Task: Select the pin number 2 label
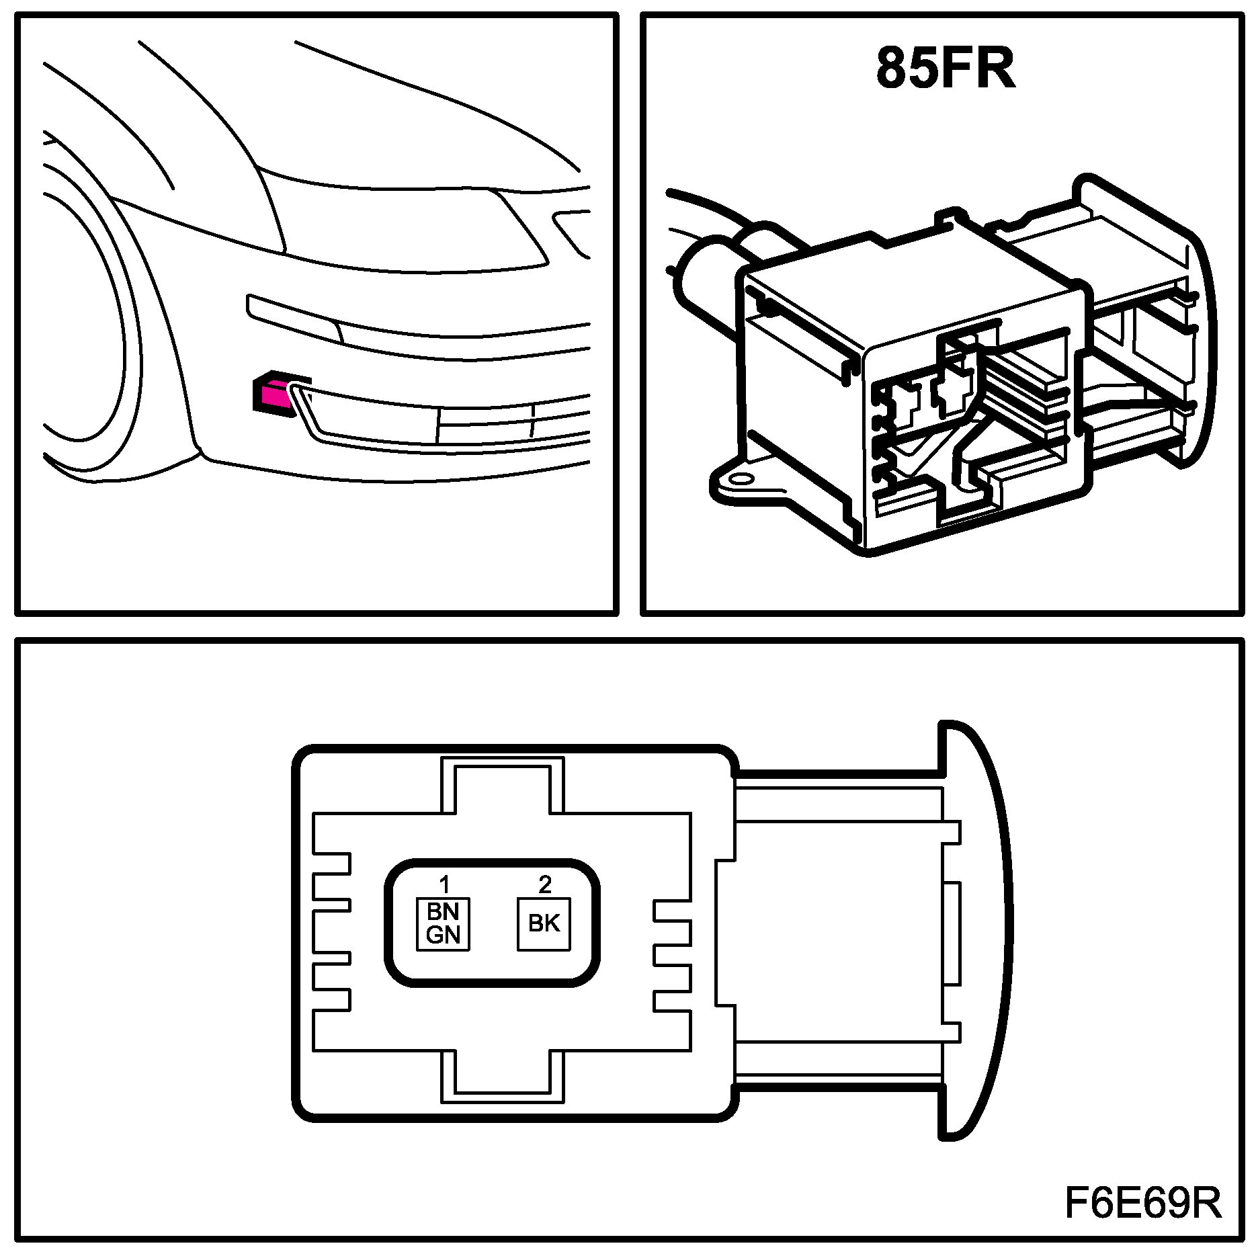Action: click(544, 884)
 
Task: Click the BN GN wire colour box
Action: click(443, 924)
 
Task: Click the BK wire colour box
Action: click(544, 924)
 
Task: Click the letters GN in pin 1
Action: click(443, 935)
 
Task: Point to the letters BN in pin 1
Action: click(443, 912)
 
